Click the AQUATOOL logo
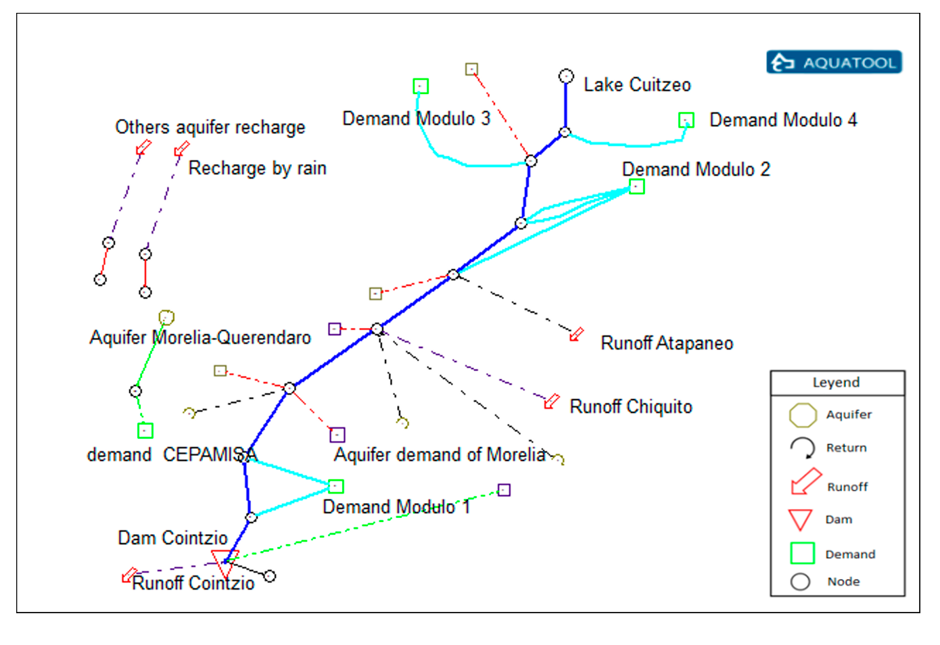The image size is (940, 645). [834, 62]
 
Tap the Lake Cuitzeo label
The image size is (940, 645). [637, 85]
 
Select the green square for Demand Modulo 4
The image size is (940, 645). [686, 120]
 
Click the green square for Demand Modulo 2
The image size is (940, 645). [636, 187]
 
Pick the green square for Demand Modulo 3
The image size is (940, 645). [421, 87]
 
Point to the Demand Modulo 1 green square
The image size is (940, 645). [336, 486]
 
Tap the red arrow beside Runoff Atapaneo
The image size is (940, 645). [576, 335]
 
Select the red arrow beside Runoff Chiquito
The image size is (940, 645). [552, 402]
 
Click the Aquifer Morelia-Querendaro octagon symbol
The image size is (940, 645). [166, 317]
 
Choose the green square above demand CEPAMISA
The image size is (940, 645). [145, 431]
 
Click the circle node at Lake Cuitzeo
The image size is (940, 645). [566, 76]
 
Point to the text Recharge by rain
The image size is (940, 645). [257, 168]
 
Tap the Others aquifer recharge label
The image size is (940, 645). [210, 127]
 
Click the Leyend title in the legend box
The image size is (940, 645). [836, 383]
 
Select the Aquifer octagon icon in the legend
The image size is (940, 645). [803, 415]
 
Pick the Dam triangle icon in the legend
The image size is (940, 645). [800, 520]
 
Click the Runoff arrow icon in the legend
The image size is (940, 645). [805, 481]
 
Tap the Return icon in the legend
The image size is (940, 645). [802, 448]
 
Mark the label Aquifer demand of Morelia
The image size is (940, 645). [440, 455]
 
